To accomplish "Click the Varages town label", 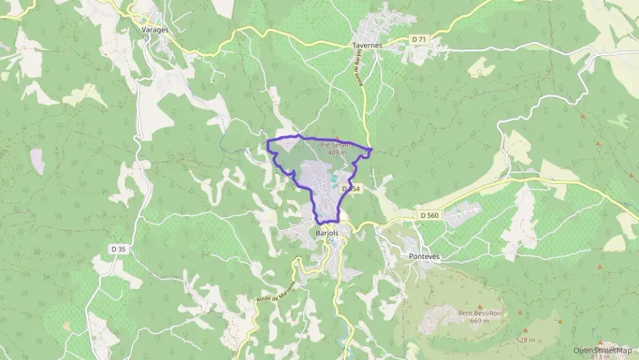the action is pyautogui.click(x=155, y=31).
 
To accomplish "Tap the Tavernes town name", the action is pyautogui.click(x=368, y=45).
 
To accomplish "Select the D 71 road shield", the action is pyautogui.click(x=419, y=40).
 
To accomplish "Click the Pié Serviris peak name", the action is pyautogui.click(x=337, y=144).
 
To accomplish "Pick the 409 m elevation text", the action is pyautogui.click(x=337, y=152).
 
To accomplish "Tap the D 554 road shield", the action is pyautogui.click(x=350, y=188).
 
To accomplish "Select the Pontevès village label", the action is pyautogui.click(x=424, y=256).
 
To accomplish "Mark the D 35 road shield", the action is pyautogui.click(x=117, y=249).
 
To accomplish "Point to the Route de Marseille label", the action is pyautogui.click(x=275, y=294).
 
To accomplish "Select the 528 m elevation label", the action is pyautogui.click(x=525, y=340).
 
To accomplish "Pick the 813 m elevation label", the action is pyautogui.click(x=600, y=356).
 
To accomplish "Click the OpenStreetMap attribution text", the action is pyautogui.click(x=602, y=350).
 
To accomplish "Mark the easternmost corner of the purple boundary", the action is pyautogui.click(x=372, y=149).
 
